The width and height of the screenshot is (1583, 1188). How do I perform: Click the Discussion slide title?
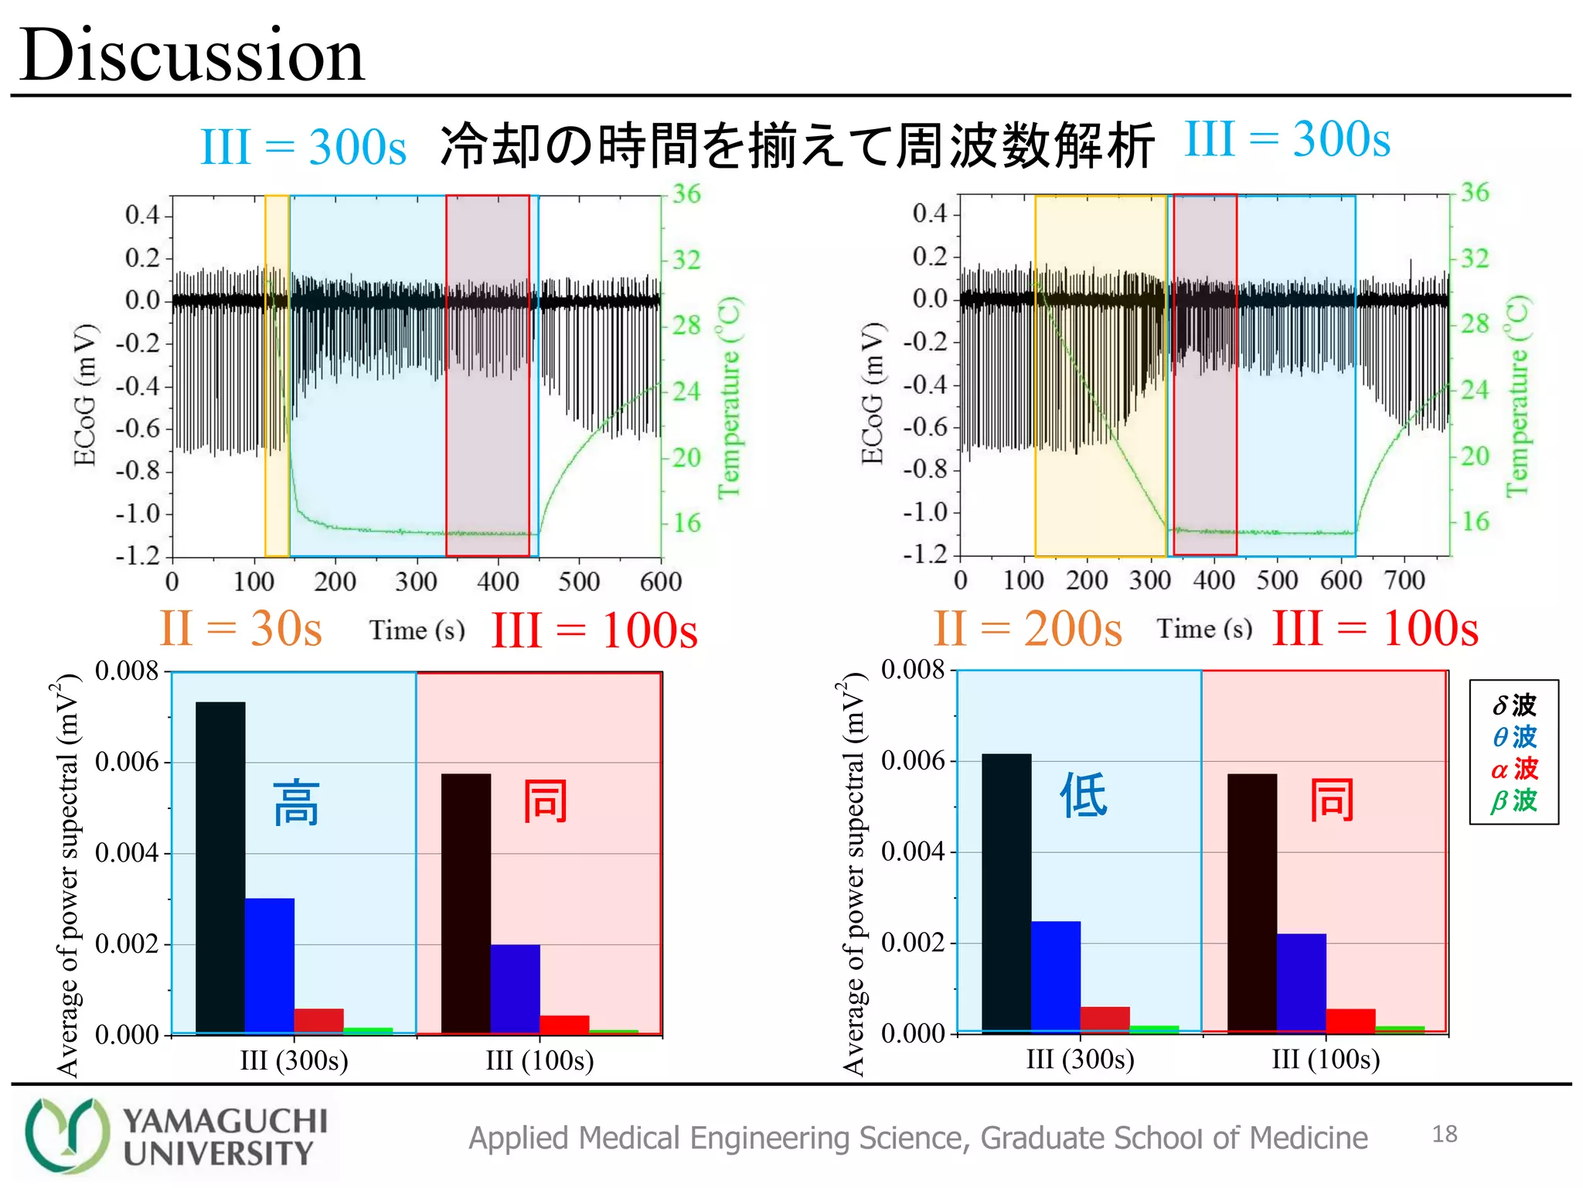[192, 56]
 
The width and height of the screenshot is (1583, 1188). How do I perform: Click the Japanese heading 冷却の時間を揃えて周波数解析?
[796, 145]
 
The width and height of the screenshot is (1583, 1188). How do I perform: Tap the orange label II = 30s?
[240, 628]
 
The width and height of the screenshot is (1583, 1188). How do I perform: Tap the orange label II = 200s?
[1027, 628]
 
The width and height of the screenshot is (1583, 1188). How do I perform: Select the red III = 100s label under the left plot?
[594, 630]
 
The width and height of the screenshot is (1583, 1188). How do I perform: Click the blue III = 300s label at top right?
[1287, 140]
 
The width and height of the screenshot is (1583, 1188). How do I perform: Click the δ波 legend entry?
[1513, 705]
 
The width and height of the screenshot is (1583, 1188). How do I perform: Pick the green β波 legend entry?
[1513, 801]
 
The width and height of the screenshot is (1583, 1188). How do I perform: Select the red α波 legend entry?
[1513, 769]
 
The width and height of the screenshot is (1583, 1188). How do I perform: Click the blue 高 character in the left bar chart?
[297, 804]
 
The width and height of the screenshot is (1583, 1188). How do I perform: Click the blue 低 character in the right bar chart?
[1083, 795]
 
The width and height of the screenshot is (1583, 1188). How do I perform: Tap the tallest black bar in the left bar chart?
[220, 866]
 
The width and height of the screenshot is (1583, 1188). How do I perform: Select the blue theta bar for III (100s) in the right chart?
[1301, 982]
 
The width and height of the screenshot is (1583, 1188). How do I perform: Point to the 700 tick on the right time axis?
[1404, 580]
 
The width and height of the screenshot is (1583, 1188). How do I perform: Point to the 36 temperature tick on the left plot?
[686, 193]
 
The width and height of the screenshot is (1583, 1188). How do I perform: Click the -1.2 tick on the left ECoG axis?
[138, 555]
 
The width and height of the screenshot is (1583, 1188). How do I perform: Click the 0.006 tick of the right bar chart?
[913, 760]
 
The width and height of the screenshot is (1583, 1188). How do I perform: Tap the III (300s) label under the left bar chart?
[294, 1060]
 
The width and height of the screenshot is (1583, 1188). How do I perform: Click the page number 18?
[1444, 1135]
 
